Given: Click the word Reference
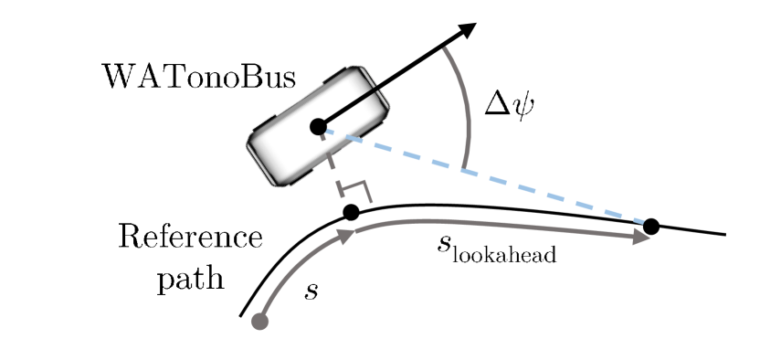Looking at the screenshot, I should pos(190,238).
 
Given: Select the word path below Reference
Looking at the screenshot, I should pos(190,277).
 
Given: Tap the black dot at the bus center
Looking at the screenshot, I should pos(318,127).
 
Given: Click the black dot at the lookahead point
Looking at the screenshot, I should pos(651,226).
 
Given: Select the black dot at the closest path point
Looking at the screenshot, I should pos(349,213).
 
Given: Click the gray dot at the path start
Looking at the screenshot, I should pos(259,321).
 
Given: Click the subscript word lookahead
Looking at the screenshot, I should pos(508,254).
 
